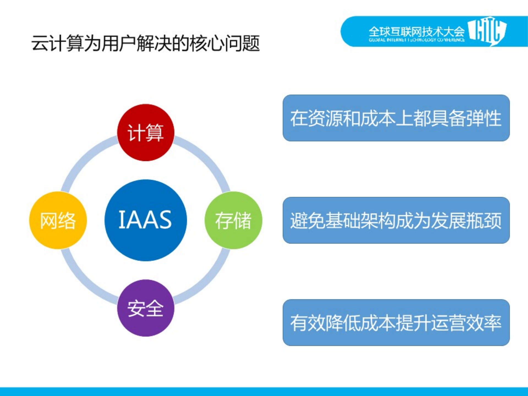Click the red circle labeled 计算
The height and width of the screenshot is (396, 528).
click(x=146, y=132)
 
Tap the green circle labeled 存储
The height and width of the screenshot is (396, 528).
click(x=233, y=220)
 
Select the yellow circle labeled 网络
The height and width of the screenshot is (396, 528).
click(x=58, y=220)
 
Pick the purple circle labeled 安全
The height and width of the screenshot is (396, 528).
click(x=146, y=308)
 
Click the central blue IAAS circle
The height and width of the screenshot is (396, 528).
click(x=146, y=220)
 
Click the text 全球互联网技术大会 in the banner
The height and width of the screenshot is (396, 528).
click(x=416, y=31)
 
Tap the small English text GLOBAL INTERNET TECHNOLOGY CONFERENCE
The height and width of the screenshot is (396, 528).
click(x=416, y=40)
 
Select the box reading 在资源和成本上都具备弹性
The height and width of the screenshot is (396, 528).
click(x=396, y=118)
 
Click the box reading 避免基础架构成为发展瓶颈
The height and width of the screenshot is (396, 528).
click(x=396, y=220)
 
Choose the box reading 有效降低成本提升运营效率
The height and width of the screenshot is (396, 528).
click(x=396, y=323)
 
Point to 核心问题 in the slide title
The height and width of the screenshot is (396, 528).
click(x=225, y=43)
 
